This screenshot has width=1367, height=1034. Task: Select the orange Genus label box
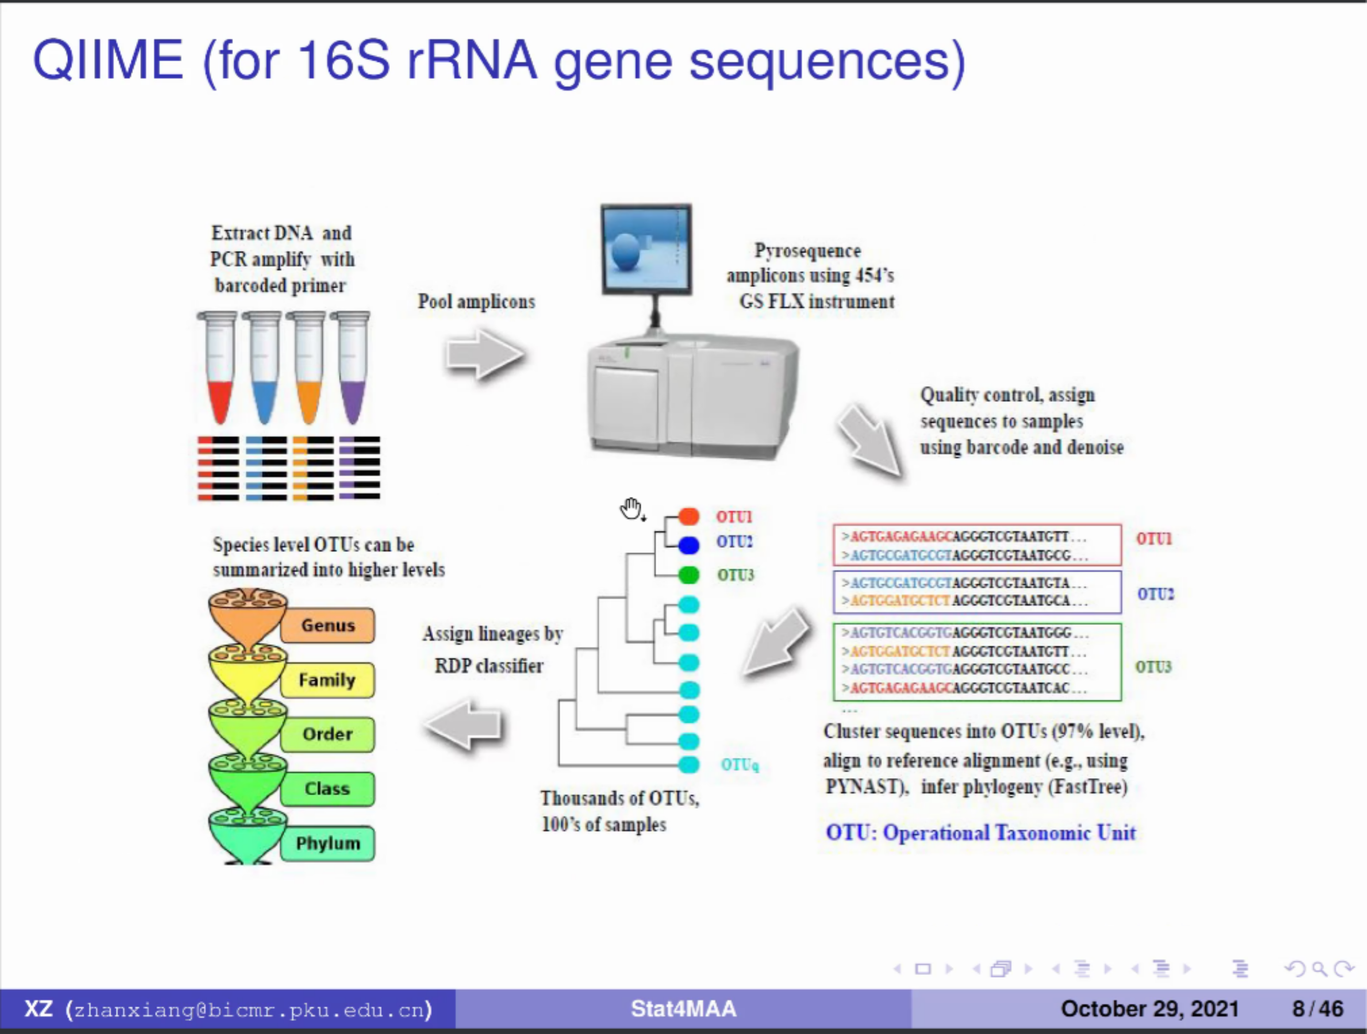point(328,625)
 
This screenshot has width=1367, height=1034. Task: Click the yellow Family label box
point(328,680)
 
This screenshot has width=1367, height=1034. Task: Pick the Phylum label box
point(328,843)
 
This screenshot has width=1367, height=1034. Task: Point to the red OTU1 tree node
point(688,516)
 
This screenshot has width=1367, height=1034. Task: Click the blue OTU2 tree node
point(688,545)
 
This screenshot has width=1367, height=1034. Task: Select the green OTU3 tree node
point(688,575)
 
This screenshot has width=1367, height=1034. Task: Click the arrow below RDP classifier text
point(465,725)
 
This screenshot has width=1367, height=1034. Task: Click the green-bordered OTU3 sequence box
point(977,662)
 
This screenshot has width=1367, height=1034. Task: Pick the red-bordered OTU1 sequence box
point(977,545)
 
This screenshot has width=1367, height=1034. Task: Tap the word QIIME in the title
point(108,60)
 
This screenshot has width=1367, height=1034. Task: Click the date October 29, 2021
point(1149,1009)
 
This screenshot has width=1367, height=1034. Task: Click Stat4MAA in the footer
point(683,1009)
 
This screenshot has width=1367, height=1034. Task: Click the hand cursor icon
point(632,509)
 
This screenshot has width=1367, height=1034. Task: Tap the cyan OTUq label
point(740,764)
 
